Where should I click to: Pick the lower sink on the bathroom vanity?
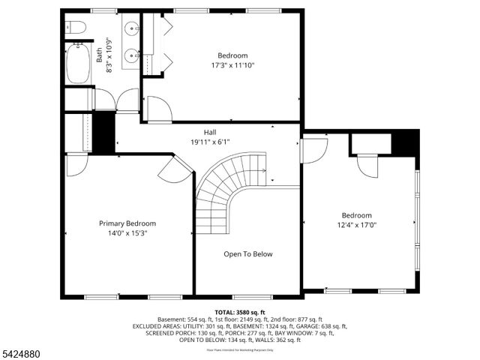click(x=131, y=55)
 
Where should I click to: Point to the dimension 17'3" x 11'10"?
click(x=232, y=65)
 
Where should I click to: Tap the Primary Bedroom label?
click(x=127, y=223)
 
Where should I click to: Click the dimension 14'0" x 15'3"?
click(x=127, y=233)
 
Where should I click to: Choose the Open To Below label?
click(x=247, y=254)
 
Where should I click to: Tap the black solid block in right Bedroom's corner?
click(x=406, y=142)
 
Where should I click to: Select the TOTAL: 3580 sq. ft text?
click(x=240, y=312)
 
